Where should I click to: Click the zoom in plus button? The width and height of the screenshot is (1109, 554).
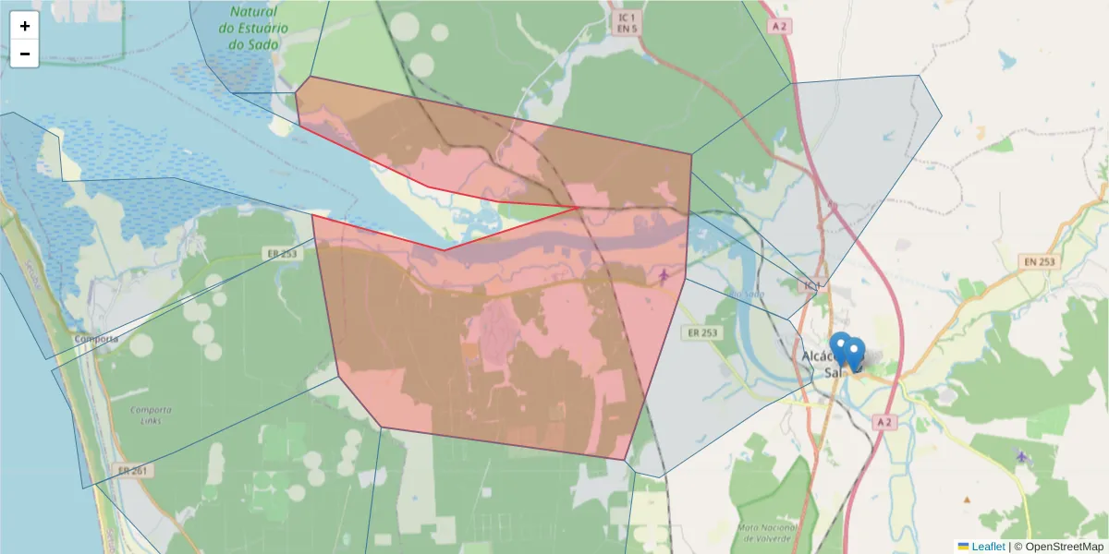(x=25, y=26)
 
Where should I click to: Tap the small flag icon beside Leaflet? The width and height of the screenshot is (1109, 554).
(x=963, y=547)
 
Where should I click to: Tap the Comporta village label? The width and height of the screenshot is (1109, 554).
(x=97, y=339)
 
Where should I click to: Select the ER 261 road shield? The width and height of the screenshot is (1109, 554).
(x=135, y=471)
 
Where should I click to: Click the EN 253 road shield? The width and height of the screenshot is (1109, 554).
(x=1040, y=262)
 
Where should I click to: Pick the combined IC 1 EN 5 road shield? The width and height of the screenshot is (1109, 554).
(x=628, y=23)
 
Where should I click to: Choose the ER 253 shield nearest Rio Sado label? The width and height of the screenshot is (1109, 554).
(x=703, y=332)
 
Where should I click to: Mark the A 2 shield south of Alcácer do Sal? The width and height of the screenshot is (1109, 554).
(x=884, y=422)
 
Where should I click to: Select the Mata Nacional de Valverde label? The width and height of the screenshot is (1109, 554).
(x=765, y=532)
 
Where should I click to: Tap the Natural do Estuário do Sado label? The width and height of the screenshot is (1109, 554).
(x=253, y=28)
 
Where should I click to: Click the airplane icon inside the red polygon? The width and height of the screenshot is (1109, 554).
(x=664, y=274)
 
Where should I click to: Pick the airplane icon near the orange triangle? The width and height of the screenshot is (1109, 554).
(x=1020, y=455)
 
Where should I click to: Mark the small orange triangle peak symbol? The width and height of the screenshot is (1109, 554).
(x=968, y=500)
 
